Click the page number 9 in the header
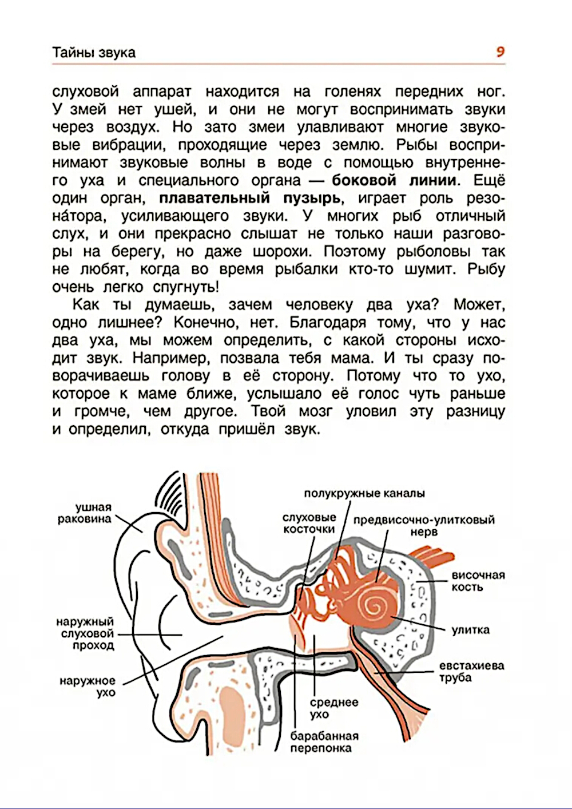coord(500,52)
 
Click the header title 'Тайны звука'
coord(94,53)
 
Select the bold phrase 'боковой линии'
coord(395,181)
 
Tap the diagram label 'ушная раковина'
coord(85,513)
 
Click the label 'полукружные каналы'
coord(364,493)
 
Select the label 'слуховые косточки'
coord(309,523)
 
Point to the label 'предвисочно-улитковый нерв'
coord(424,526)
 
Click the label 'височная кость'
coord(478,581)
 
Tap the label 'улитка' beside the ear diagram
coord(471,630)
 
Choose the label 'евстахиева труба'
coord(471,672)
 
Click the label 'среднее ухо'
coord(333,708)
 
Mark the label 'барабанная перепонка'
coord(324,742)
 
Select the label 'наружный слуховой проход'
coord(85,633)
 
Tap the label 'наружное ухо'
coord(88,687)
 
